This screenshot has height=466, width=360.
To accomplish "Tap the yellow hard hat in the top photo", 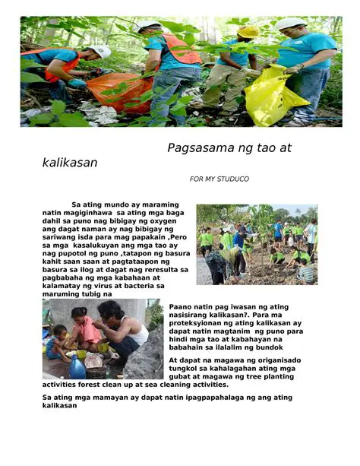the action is point(248,32).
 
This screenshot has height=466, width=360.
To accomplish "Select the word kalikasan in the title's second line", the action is point(70,163).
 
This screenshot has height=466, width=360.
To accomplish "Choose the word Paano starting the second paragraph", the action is point(182,306).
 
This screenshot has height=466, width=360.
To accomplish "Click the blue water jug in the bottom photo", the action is point(77,368).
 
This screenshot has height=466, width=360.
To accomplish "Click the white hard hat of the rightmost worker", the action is point(291,23).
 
